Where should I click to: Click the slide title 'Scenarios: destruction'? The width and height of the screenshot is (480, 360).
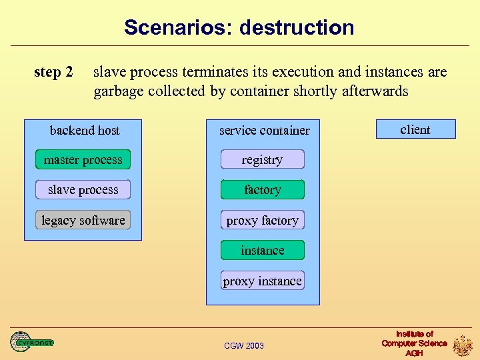click(x=239, y=27)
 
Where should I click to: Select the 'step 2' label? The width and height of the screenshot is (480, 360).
click(x=53, y=72)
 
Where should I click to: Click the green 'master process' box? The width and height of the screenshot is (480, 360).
click(x=83, y=159)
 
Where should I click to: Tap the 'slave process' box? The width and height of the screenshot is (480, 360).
click(x=83, y=190)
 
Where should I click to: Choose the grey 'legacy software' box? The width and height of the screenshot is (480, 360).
click(x=83, y=220)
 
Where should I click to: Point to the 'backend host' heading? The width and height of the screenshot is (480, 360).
click(x=85, y=130)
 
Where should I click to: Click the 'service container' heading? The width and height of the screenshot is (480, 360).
click(x=264, y=130)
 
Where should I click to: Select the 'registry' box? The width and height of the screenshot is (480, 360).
click(x=262, y=159)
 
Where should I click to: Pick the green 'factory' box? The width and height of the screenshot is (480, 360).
click(x=262, y=190)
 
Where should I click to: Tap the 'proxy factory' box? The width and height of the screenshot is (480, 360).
click(x=262, y=220)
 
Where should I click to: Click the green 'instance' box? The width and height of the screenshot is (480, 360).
click(x=262, y=251)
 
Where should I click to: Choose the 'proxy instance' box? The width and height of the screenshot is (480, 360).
click(x=262, y=281)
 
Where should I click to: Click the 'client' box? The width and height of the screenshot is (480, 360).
click(x=415, y=129)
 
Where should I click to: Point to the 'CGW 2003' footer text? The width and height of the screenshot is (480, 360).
click(x=243, y=345)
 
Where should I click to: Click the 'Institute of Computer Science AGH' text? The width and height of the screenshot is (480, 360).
click(x=414, y=343)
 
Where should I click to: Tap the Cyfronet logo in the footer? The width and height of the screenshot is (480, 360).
click(x=31, y=343)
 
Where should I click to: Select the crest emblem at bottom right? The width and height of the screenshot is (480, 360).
click(x=463, y=345)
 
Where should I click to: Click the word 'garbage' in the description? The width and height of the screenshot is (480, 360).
click(x=119, y=91)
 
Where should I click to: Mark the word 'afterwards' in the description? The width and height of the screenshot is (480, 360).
click(x=374, y=91)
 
